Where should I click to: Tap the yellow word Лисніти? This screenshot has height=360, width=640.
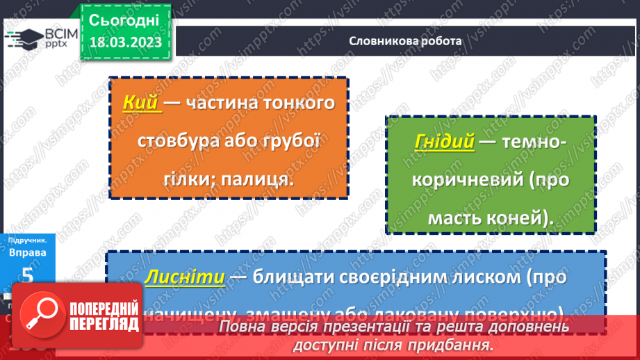pyautogui.click(x=184, y=277)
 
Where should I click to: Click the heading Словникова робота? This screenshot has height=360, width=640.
pyautogui.click(x=405, y=41)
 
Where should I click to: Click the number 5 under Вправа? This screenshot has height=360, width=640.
pyautogui.click(x=28, y=275)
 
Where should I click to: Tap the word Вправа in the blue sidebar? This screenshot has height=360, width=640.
pyautogui.click(x=28, y=252)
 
